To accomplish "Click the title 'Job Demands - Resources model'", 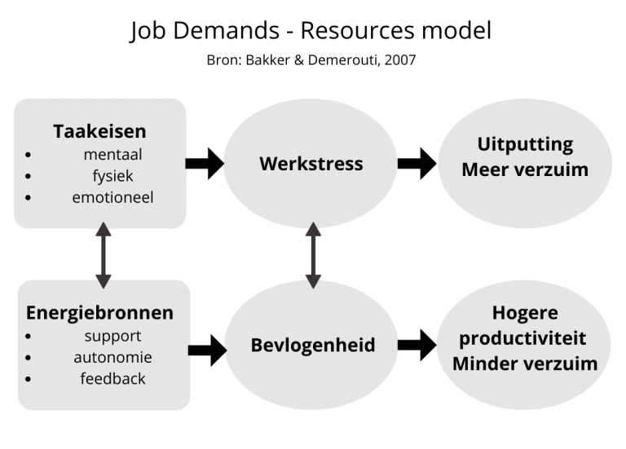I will (311, 31).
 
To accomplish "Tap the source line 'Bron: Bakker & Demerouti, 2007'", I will (311, 61).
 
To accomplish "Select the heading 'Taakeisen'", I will (99, 131).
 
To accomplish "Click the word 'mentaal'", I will (112, 154).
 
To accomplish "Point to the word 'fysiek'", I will (112, 175).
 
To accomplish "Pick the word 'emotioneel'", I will (112, 196).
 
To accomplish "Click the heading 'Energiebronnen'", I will (99, 313).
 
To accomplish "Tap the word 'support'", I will (112, 336).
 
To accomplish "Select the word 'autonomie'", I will (112, 357).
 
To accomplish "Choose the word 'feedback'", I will (112, 378).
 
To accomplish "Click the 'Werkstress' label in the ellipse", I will (311, 164).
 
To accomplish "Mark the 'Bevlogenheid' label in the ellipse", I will (313, 345).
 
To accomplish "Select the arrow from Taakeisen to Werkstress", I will (205, 163).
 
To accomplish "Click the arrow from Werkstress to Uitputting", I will (417, 163).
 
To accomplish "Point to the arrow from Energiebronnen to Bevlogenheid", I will (207, 350).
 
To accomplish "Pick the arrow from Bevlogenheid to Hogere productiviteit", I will (417, 346).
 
